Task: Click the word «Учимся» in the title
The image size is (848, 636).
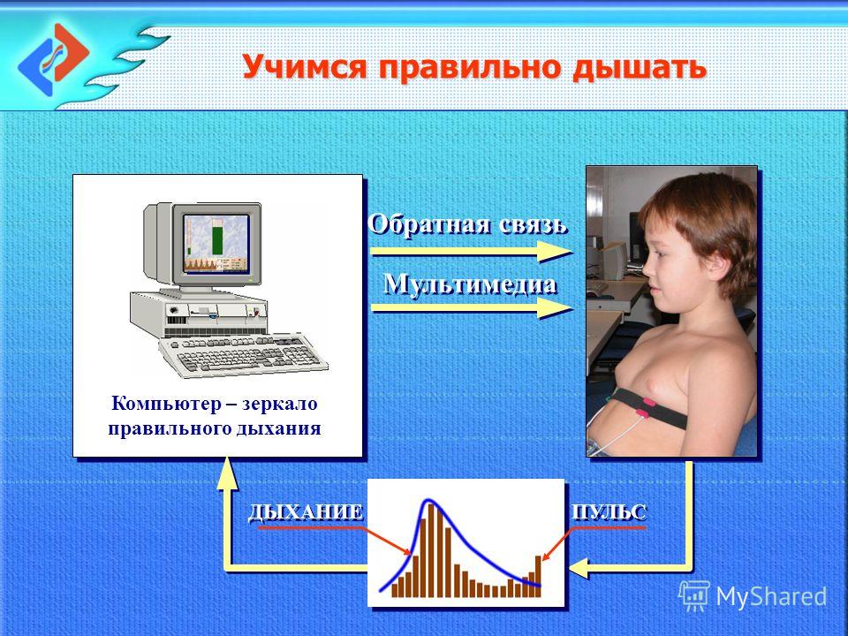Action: coord(305,67)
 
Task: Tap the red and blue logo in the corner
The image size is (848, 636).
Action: coord(54,59)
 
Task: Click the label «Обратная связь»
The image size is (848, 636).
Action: coord(467,223)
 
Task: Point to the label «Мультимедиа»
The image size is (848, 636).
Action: coord(470,284)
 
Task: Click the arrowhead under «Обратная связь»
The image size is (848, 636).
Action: coord(556,252)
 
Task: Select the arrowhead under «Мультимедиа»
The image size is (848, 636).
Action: coord(556,307)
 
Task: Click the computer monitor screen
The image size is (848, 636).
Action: coord(216,243)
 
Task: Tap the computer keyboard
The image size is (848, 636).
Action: coord(244,354)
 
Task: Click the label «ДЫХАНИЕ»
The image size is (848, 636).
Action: coord(306,512)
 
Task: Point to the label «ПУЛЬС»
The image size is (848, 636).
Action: coord(609,511)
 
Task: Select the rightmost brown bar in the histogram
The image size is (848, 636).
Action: coord(538,576)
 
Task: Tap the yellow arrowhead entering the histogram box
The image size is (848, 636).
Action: coord(579,568)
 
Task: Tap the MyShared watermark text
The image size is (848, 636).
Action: coord(771,596)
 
